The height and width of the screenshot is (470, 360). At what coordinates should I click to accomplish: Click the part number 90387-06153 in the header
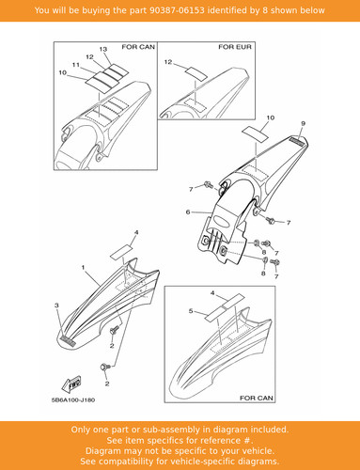click(177, 10)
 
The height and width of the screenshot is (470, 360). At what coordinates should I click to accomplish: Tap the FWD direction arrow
click(71, 384)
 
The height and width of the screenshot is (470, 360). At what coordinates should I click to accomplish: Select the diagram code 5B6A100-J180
click(73, 400)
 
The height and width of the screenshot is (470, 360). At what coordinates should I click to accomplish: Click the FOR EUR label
click(235, 47)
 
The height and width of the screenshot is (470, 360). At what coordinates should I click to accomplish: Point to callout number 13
click(103, 49)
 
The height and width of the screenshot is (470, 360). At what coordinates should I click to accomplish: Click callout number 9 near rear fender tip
click(303, 123)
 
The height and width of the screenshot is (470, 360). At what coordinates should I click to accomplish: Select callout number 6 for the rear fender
click(188, 212)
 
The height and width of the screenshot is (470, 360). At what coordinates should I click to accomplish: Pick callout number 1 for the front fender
click(83, 267)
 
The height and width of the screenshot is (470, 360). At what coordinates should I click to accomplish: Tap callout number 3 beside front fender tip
click(56, 305)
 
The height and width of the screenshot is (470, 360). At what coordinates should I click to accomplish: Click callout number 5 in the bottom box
click(191, 311)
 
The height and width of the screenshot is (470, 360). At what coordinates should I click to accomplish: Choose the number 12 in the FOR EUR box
click(168, 62)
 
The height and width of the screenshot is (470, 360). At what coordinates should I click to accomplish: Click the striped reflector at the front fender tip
click(69, 341)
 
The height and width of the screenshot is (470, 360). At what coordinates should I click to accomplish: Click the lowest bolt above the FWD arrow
click(105, 366)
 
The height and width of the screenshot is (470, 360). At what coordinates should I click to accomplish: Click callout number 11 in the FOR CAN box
click(76, 65)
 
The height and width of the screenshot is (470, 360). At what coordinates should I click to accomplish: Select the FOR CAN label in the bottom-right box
click(257, 398)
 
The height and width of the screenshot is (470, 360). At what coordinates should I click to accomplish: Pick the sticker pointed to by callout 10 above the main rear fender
click(256, 133)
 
